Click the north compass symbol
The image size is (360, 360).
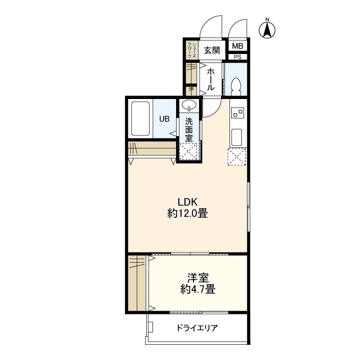pyautogui.click(x=268, y=29)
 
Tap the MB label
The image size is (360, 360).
pyautogui.click(x=237, y=46)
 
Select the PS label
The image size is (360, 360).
pyautogui.click(x=237, y=57)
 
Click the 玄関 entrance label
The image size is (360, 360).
pyautogui.click(x=211, y=50)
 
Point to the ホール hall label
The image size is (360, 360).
pyautogui.click(x=210, y=79)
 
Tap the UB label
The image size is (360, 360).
pyautogui.click(x=164, y=119)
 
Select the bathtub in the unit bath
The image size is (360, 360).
pyautogui.click(x=140, y=118)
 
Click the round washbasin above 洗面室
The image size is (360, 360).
pyautogui.click(x=188, y=105)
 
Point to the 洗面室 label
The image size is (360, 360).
pyautogui.click(x=189, y=128)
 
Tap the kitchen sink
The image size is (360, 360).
pyautogui.click(x=237, y=136)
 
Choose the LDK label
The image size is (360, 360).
pyautogui.click(x=188, y=202)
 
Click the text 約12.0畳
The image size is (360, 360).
pyautogui.click(x=188, y=214)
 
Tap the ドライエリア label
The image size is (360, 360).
pyautogui.click(x=196, y=328)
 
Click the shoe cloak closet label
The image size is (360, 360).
pyautogui.click(x=192, y=51)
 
